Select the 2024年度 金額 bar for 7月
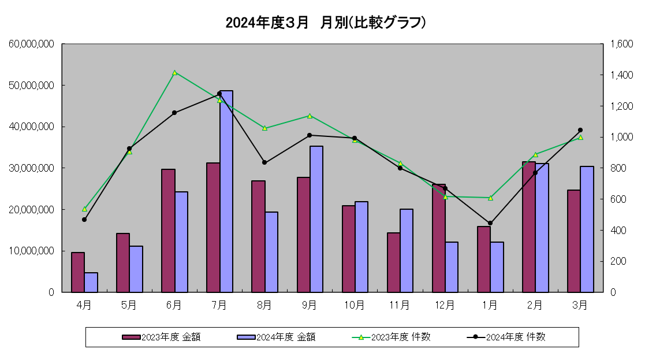[x=226, y=191]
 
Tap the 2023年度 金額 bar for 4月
[x=78, y=272]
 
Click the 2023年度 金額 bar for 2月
[x=529, y=227]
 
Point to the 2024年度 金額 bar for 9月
[x=316, y=219]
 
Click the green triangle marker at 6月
[x=174, y=73]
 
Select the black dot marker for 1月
[x=490, y=223]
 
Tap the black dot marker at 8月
[x=264, y=162]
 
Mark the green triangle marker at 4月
[x=84, y=209]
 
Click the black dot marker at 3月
[x=580, y=130]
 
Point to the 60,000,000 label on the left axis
[x=32, y=44]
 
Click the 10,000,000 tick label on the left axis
[x=32, y=251]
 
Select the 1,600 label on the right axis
[x=622, y=44]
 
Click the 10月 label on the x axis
[x=355, y=304]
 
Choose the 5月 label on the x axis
[x=129, y=304]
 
